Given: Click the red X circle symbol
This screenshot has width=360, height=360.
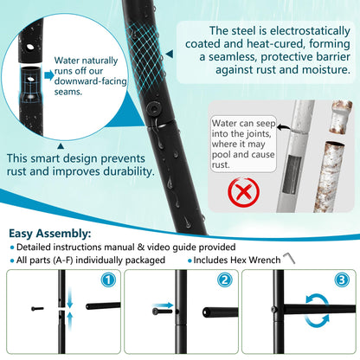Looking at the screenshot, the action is coord(243,192).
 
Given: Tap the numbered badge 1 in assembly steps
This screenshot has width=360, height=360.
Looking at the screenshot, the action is coord(108,280).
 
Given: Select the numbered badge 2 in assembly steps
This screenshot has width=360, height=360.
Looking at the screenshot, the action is coord(225,280).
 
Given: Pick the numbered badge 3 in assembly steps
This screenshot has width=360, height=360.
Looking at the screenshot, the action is coord(342,280).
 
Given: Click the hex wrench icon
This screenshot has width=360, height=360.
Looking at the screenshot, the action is coord(289,258).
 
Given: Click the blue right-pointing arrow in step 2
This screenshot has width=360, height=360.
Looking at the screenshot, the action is coord(163,305).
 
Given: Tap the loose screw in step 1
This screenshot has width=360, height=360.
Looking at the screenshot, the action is coord(37,309).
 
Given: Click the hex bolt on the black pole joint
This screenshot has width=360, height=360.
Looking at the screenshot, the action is coord(152,109).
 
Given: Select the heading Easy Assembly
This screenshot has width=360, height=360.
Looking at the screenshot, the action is coord(50,233).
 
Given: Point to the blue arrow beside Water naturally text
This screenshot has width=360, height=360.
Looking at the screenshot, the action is coord(49,75).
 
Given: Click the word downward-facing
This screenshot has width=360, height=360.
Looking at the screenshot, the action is coord(90,81).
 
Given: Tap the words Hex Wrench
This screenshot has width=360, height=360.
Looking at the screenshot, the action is coord(255,260).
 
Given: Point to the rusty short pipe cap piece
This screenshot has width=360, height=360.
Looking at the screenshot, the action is coord(340,117).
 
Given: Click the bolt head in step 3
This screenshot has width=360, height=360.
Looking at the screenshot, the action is coord(273,310).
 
